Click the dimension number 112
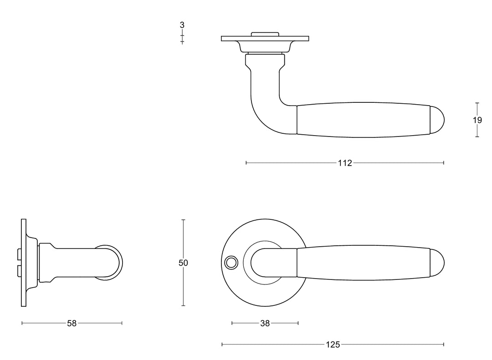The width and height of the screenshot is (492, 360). point(345,163)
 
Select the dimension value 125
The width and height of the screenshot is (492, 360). point(333,345)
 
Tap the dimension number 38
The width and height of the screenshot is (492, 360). point(265,324)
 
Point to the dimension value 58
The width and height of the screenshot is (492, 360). point(72,324)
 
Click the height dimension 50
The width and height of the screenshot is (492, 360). point(183,263)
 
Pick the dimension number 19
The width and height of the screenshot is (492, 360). point(477,120)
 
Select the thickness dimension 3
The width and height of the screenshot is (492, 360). point(182,25)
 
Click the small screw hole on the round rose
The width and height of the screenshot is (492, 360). point(231,263)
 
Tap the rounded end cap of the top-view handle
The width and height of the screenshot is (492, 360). point(437,120)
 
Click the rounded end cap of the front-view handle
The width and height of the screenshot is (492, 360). point(437,263)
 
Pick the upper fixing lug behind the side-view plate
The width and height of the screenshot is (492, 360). point(19,253)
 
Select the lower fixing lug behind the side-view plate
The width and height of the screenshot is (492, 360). point(19,272)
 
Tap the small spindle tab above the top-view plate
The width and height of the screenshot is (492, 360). point(265,33)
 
